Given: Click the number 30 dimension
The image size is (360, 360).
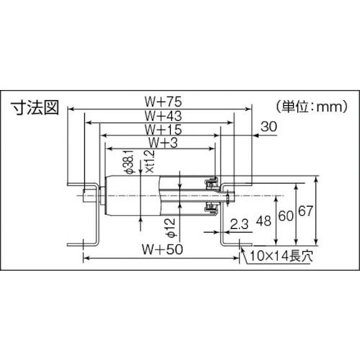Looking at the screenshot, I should tap(269, 127).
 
